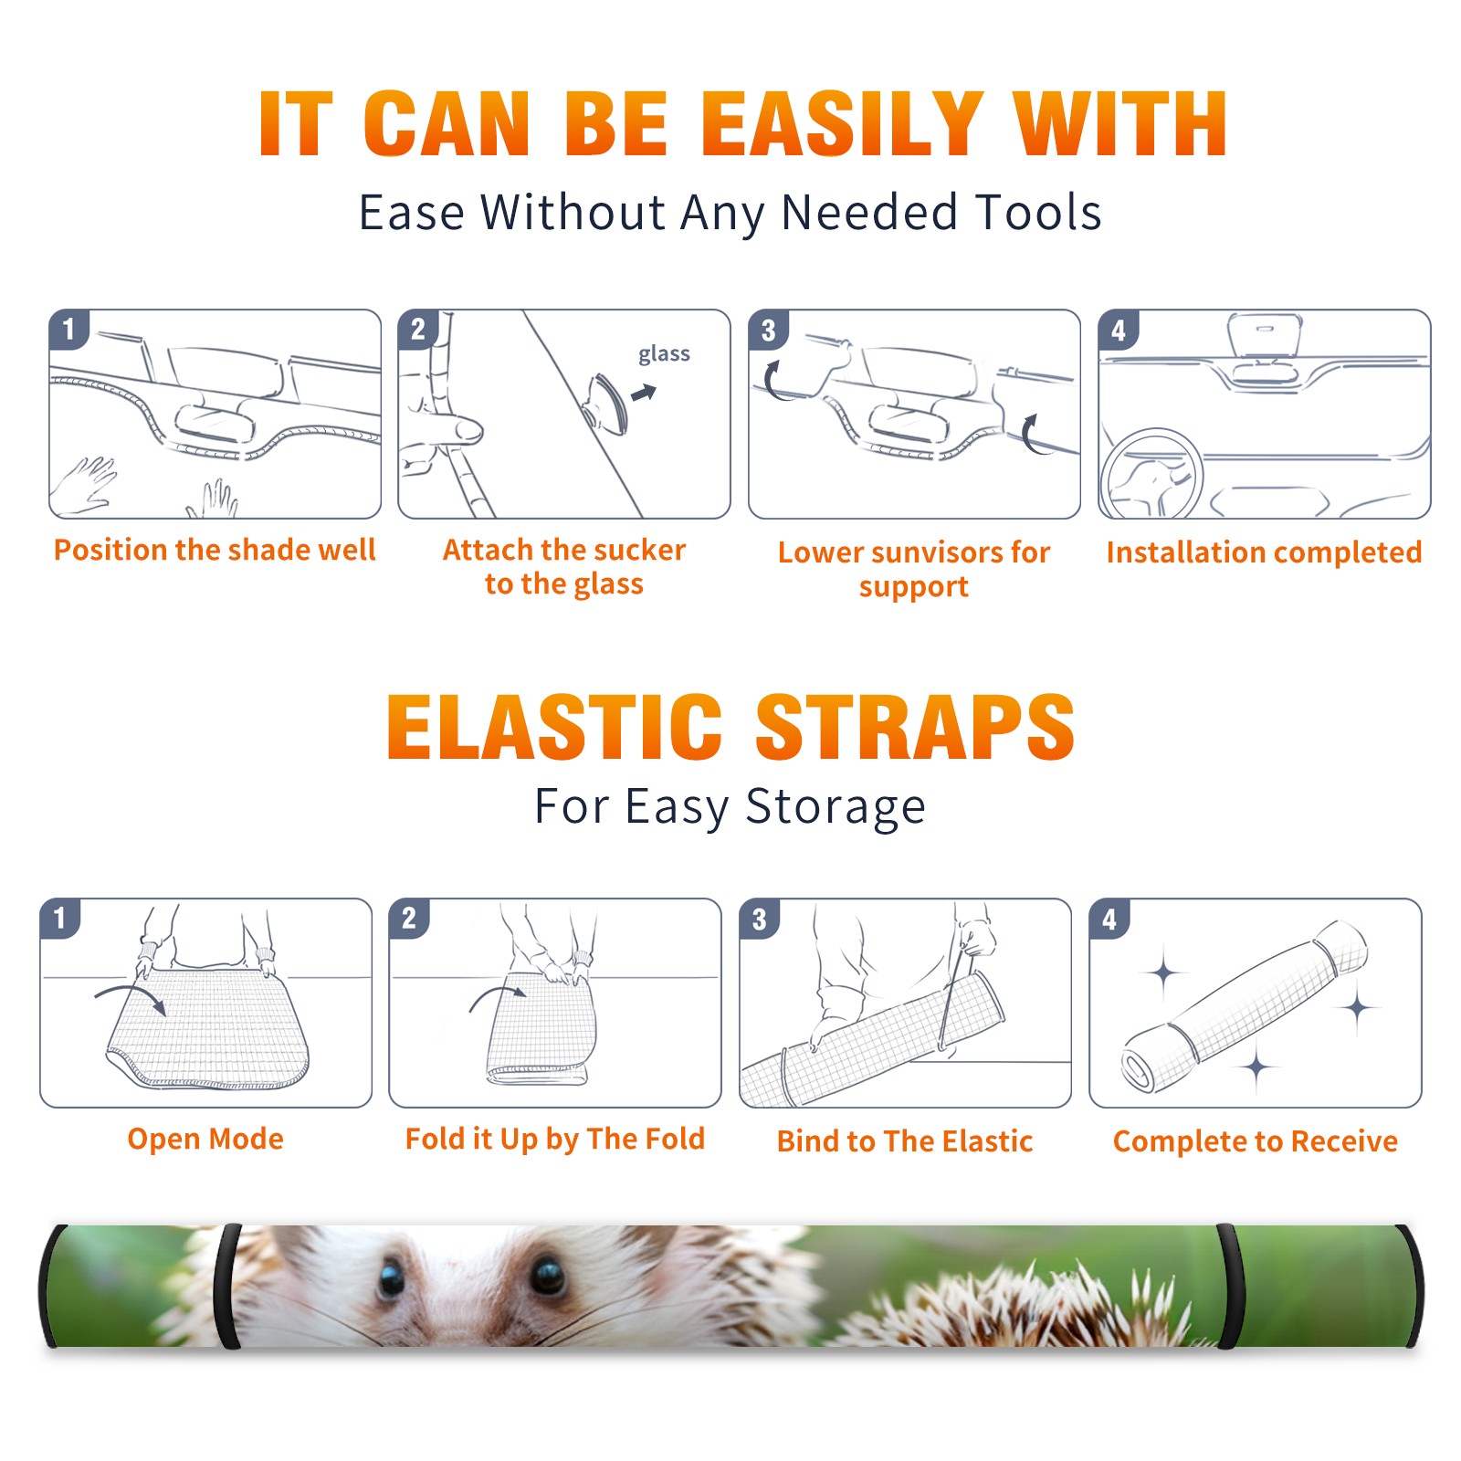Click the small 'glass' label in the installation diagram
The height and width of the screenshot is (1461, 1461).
[x=664, y=354]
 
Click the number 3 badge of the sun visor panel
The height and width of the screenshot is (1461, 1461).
[x=768, y=330]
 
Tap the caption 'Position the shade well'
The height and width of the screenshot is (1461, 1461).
[x=215, y=550]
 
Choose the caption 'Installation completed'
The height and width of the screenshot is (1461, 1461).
[x=1264, y=552]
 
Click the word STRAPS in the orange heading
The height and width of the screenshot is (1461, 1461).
[x=915, y=727]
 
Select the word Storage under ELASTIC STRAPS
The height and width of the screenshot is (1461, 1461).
[x=836, y=807]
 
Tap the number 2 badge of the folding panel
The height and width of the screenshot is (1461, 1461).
[x=409, y=918]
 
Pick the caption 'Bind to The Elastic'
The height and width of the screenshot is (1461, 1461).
[x=905, y=1141]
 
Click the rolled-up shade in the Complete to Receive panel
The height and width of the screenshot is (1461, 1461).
[x=1245, y=1006]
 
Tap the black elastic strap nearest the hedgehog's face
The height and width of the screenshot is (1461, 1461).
[x=228, y=1286]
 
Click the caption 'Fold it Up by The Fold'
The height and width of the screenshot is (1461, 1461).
[x=555, y=1139]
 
